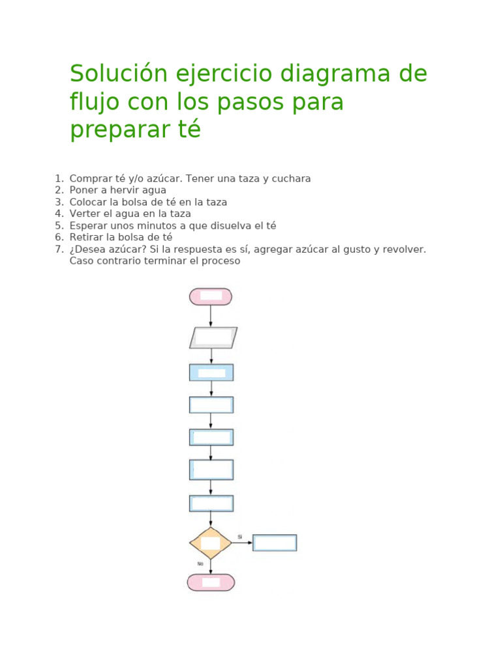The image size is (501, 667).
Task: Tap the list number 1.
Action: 58,178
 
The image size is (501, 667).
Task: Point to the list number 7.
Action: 58,249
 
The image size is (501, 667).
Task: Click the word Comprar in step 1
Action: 89,178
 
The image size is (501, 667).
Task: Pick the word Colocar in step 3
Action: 88,202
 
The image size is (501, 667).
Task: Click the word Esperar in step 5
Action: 89,225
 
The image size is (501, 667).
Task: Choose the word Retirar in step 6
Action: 87,237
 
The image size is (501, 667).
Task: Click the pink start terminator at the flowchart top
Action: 211,296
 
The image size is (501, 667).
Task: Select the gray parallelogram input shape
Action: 213,337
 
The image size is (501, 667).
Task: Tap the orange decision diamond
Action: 211,543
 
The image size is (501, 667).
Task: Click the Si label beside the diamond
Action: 240,537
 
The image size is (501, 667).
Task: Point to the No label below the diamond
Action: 200,564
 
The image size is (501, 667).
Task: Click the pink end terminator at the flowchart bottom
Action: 211,582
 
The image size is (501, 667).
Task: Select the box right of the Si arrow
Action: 275,543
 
